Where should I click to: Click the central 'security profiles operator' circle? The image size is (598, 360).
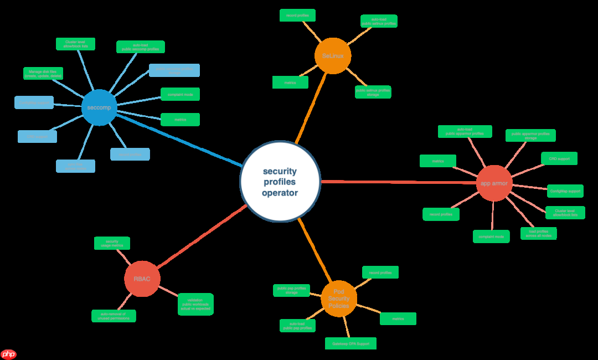280,181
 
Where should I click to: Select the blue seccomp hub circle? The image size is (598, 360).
99,107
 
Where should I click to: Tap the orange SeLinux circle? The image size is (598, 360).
333,56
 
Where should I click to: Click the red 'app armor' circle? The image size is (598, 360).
494,183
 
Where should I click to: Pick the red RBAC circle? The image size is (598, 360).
142,279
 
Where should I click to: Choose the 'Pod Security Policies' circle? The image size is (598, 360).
339,299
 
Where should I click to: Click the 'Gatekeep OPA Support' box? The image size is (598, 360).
350,343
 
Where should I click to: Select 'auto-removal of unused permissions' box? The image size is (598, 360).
114,316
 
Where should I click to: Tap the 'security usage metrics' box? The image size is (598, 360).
112,243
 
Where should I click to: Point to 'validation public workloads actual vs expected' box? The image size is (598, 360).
195,304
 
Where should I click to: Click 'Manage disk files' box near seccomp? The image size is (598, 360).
43,73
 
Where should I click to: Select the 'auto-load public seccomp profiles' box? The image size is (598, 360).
140,47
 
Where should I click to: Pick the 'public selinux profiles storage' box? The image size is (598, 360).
373,92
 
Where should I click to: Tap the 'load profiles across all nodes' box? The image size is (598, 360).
538,233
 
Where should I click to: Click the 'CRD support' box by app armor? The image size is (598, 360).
559,158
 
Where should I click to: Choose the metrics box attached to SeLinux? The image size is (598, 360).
290,83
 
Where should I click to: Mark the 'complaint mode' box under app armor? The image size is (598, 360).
491,236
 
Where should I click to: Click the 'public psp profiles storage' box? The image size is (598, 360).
291,290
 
